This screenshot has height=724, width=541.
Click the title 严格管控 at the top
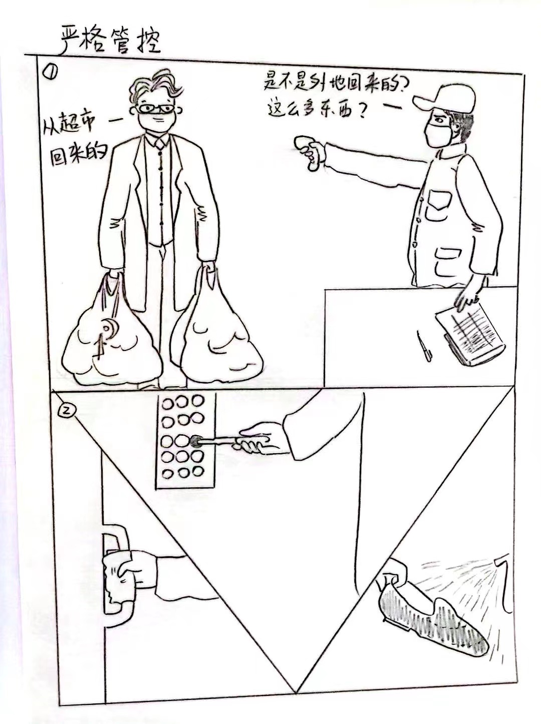pos(111,42)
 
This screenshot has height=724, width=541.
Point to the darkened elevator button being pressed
pos(196,441)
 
